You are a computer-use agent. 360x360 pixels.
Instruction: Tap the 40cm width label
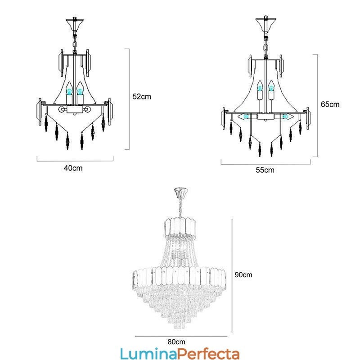coord(73,168)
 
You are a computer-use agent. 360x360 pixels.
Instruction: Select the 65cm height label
coord(330,104)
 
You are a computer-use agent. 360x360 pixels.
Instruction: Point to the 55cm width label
coord(265,170)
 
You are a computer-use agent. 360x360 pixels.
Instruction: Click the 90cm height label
coord(243,274)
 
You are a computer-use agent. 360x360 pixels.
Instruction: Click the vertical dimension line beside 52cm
coord(130,99)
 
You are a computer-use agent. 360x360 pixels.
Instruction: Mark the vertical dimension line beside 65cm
coord(318,105)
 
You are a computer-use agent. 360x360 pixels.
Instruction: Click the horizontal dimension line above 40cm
coord(76,160)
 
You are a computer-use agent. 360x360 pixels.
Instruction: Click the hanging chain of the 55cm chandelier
coord(265,45)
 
